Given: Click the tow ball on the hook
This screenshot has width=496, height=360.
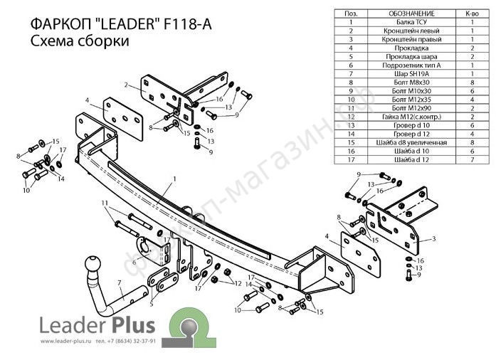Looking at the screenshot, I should click(x=94, y=265).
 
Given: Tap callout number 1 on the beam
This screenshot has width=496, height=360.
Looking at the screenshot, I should click(x=173, y=179).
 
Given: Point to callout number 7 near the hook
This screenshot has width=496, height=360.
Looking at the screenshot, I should click(x=120, y=282).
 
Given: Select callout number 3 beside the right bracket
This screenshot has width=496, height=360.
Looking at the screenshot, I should click(x=433, y=238).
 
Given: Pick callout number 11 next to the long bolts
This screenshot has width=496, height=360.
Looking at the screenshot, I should click(x=105, y=204).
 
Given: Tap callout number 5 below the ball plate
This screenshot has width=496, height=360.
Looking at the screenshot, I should click(x=151, y=304).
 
